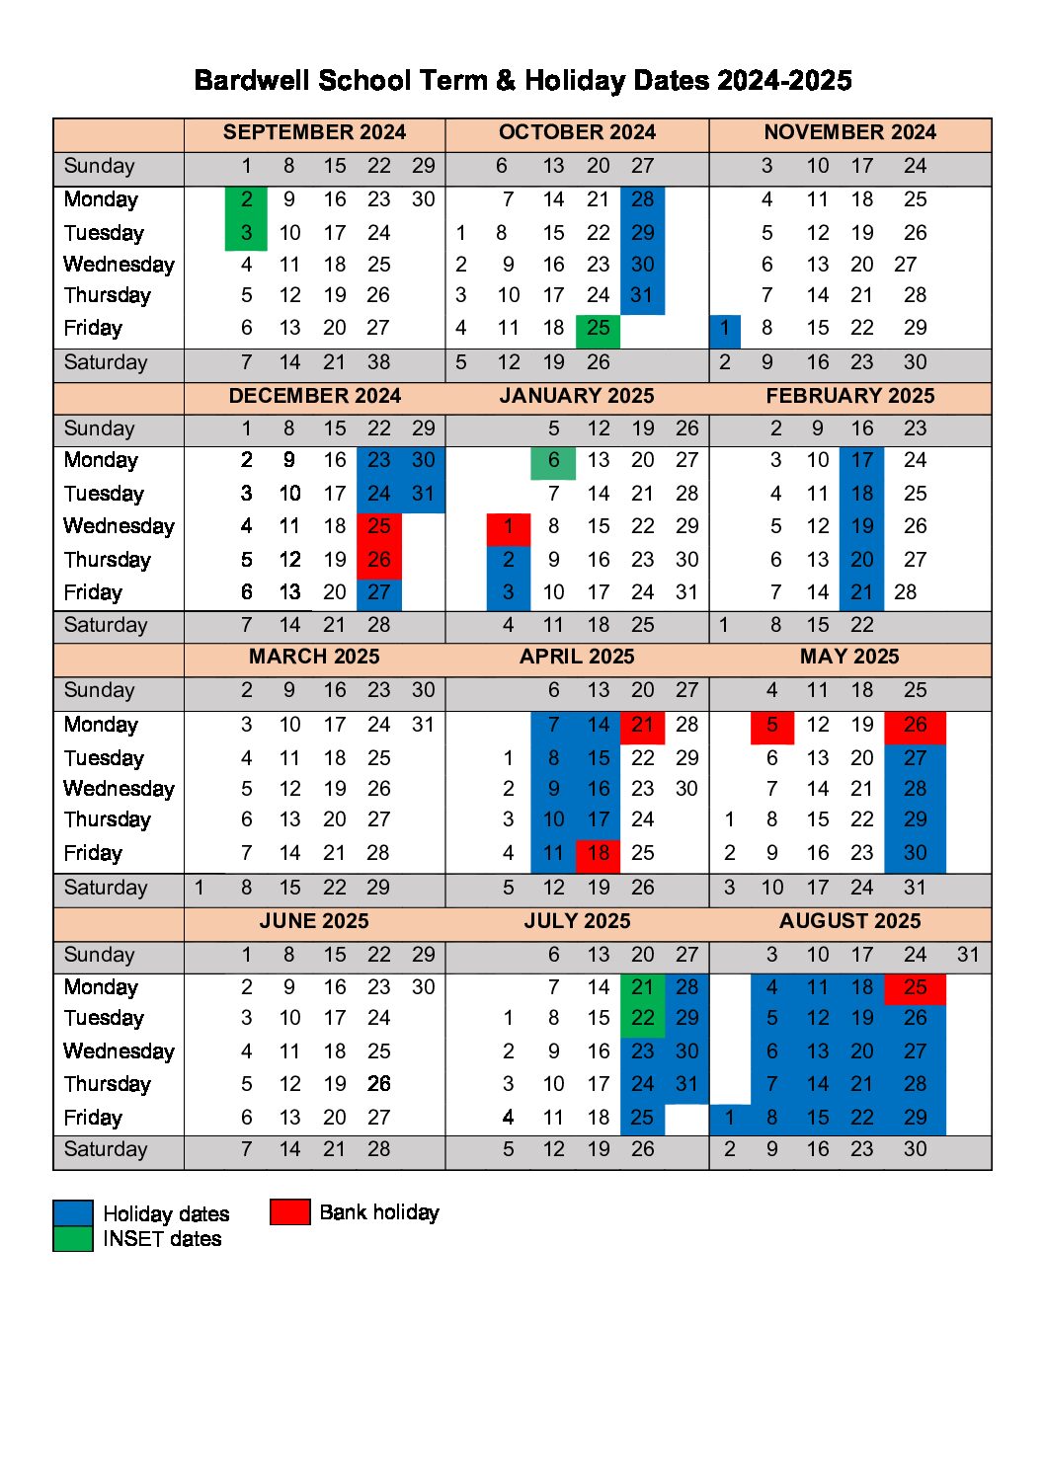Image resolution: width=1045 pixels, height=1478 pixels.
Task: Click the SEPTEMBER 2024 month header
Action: click(314, 132)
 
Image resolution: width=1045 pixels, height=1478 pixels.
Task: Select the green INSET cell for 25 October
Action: click(598, 329)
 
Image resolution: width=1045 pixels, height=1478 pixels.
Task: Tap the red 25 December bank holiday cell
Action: click(379, 526)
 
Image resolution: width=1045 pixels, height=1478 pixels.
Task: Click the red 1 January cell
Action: click(509, 527)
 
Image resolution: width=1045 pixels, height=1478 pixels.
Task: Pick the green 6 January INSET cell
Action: click(553, 461)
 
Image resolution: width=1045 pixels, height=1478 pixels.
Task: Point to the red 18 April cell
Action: click(598, 854)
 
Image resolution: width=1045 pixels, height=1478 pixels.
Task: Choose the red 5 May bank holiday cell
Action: click(771, 726)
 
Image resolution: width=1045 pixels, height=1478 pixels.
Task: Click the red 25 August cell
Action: click(915, 987)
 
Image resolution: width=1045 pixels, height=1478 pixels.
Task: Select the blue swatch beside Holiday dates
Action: click(72, 1212)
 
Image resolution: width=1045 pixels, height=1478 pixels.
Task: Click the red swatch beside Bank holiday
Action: click(290, 1211)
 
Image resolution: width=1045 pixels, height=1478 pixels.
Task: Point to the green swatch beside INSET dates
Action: click(72, 1239)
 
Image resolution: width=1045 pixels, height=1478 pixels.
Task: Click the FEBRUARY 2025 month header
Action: click(849, 396)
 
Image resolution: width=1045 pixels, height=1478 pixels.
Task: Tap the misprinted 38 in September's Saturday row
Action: click(379, 362)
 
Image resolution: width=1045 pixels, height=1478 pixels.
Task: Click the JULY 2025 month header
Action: click(577, 921)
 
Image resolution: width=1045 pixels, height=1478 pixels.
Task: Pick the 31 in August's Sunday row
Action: click(968, 955)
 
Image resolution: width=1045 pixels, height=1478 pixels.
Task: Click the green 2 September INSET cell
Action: click(246, 199)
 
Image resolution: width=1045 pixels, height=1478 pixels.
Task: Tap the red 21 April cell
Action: click(642, 726)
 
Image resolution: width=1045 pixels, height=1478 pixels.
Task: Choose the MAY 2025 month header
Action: click(849, 657)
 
